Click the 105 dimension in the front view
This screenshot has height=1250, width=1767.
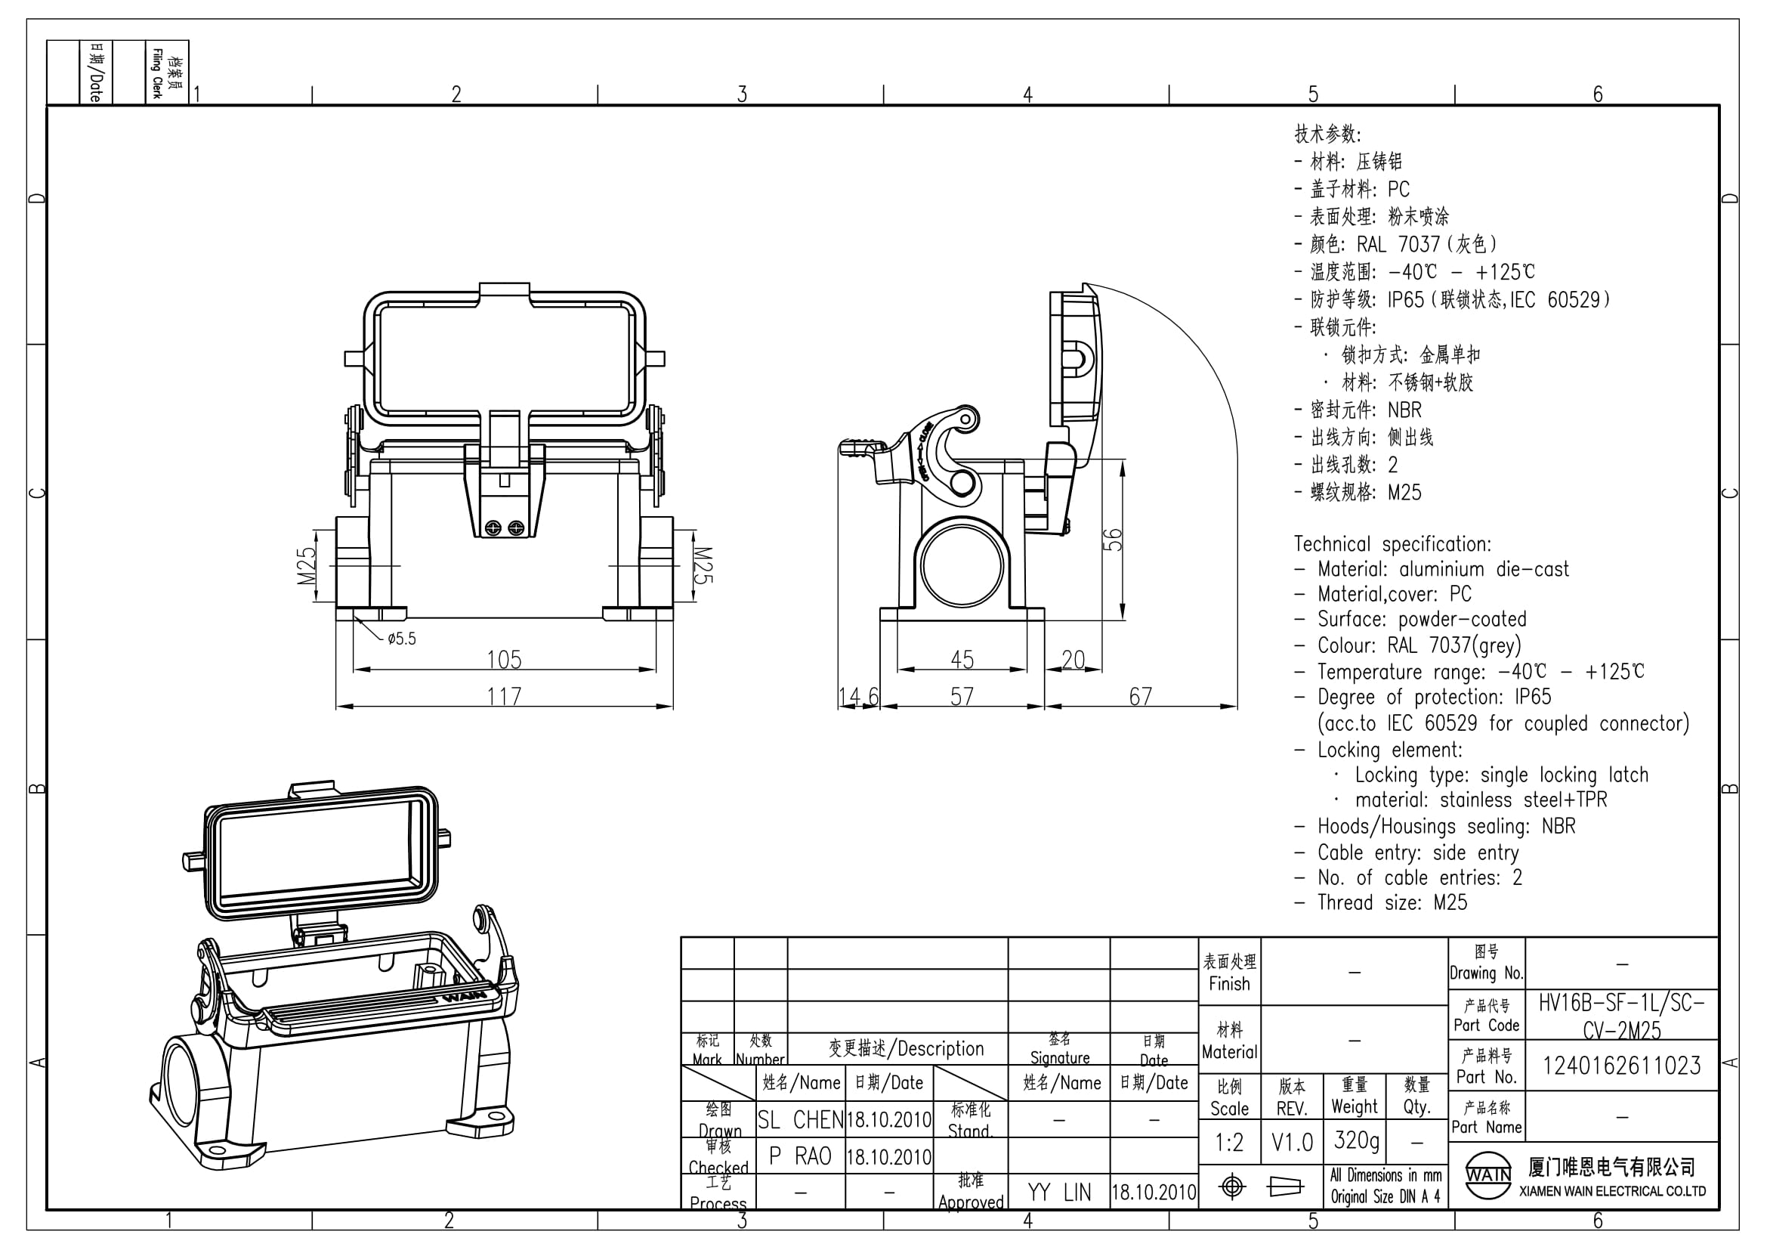tap(504, 660)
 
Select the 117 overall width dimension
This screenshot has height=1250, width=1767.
tap(504, 697)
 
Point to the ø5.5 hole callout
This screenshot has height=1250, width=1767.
tap(402, 638)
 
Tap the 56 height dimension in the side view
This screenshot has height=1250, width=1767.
tap(1114, 540)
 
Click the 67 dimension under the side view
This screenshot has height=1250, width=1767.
tap(1141, 697)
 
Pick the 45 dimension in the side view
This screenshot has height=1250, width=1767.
tap(962, 660)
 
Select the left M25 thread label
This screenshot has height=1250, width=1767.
tap(306, 566)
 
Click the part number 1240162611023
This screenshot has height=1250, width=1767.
tap(1621, 1066)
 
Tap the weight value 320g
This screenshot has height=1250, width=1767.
tap(1356, 1140)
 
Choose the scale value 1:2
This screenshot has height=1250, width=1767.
tap(1229, 1142)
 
